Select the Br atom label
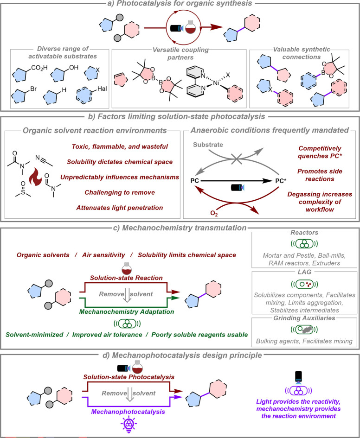pyautogui.click(x=33, y=89)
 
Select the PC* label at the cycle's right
pyautogui.click(x=281, y=181)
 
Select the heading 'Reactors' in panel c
pyautogui.click(x=304, y=232)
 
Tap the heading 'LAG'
pyautogui.click(x=304, y=272)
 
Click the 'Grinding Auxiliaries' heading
pyautogui.click(x=304, y=318)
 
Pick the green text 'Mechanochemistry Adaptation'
pyautogui.click(x=127, y=312)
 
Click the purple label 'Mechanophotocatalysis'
pyautogui.click(x=128, y=412)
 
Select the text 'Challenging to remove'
pyautogui.click(x=120, y=192)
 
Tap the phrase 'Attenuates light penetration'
pyautogui.click(x=120, y=208)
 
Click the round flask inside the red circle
pyautogui.click(x=190, y=27)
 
